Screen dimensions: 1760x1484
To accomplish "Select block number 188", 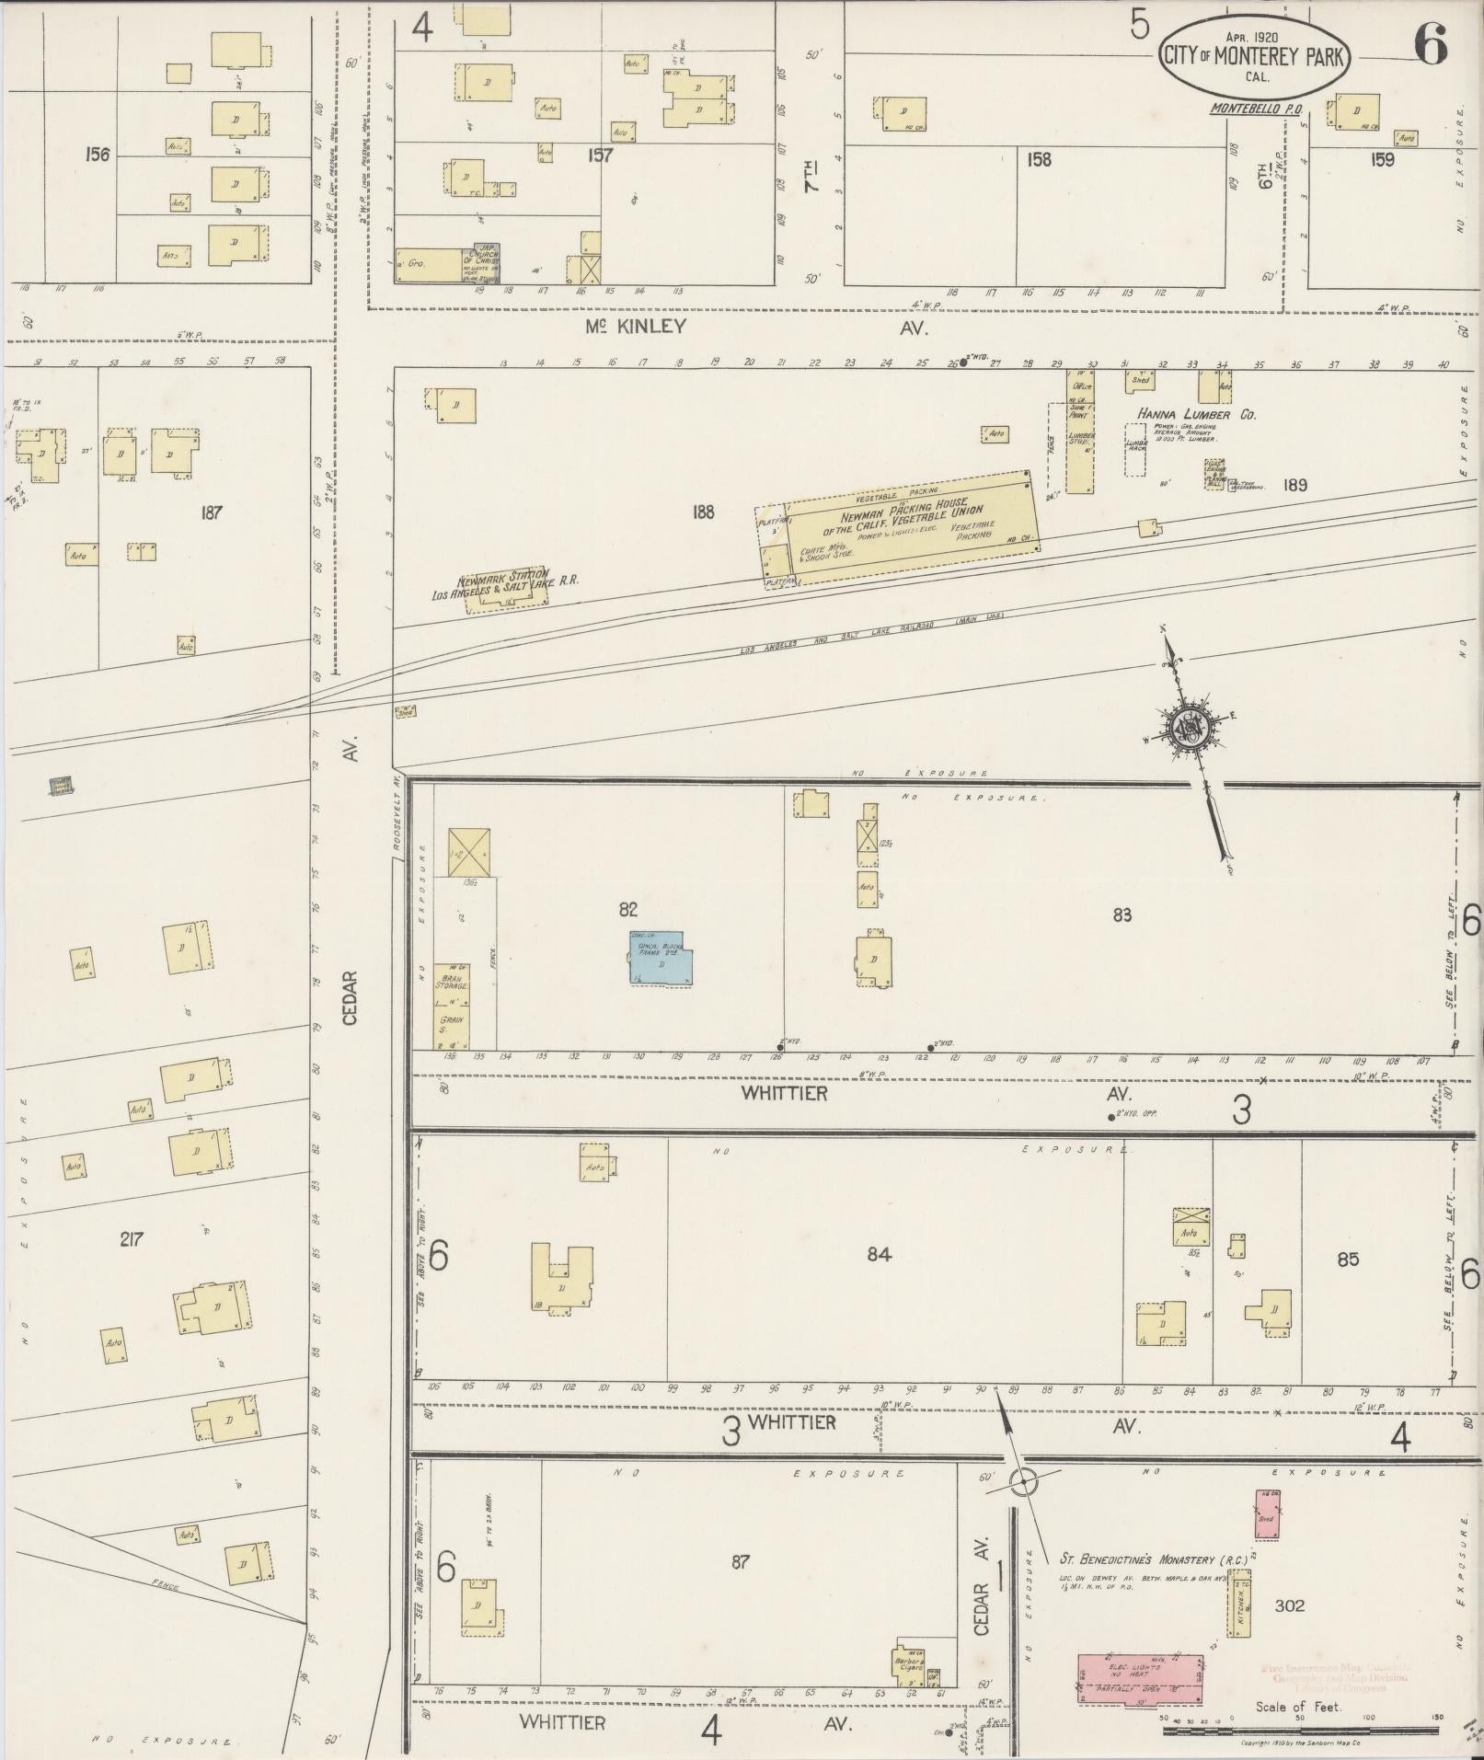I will pos(703,512).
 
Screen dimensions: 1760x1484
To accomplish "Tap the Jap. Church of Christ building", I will pos(482,265).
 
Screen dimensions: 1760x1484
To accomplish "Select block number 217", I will pos(132,1240).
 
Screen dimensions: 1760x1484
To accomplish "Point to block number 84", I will pos(879,1254).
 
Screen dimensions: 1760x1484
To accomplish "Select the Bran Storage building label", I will pos(452,981).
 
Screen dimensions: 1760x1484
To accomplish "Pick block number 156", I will pos(97,155).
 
